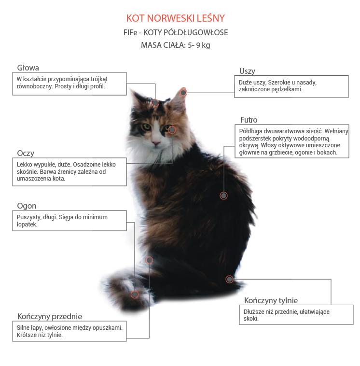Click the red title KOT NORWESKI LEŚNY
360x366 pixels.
pos(176,18)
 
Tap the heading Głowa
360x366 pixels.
pos(28,68)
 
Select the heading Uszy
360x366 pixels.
pos(247,71)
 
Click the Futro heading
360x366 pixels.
pos(249,120)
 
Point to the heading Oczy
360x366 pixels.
pos(26,154)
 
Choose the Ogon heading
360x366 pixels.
pos(27,206)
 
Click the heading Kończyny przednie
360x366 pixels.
pos(50,317)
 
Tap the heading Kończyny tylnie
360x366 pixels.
pos(271,300)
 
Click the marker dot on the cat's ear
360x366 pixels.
pos(183,93)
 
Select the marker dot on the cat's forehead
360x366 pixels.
pos(155,103)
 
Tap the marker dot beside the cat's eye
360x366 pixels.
pos(172,130)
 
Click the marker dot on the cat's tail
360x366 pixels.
pos(135,295)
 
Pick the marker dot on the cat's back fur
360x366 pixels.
pos(223,196)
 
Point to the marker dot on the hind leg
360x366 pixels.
pos(229,279)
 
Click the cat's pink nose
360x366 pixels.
pos(156,142)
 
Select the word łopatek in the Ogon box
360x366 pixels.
pos(27,225)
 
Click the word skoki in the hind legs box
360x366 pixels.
pos(250,318)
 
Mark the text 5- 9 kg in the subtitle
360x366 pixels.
pos(199,45)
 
